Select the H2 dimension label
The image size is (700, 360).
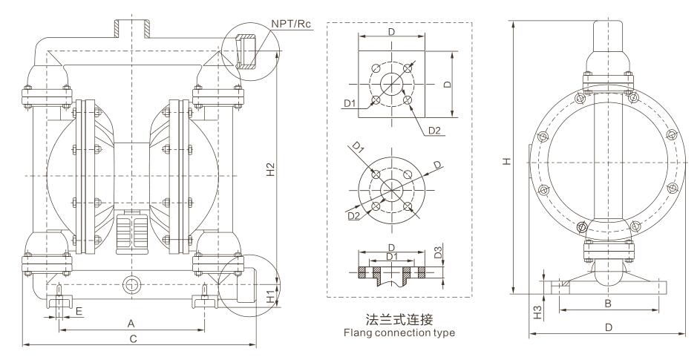[271, 168]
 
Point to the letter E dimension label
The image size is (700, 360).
[79, 311]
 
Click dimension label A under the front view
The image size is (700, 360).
[131, 323]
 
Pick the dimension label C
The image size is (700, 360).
[134, 339]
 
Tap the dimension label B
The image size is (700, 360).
[608, 304]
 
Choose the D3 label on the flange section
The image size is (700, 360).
[438, 251]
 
